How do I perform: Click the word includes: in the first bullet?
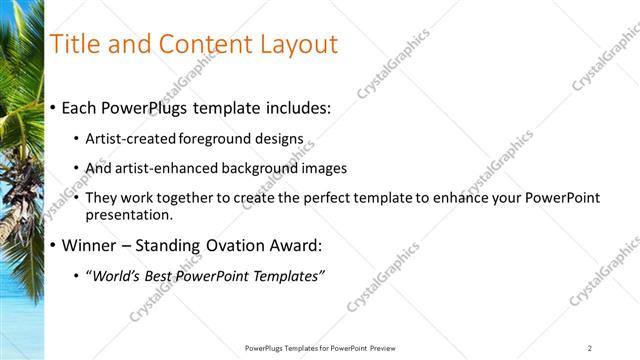[295, 107]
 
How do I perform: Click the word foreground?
[217, 139]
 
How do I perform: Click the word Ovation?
[249, 245]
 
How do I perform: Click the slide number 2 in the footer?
[590, 348]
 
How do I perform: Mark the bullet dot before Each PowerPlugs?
[53, 108]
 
